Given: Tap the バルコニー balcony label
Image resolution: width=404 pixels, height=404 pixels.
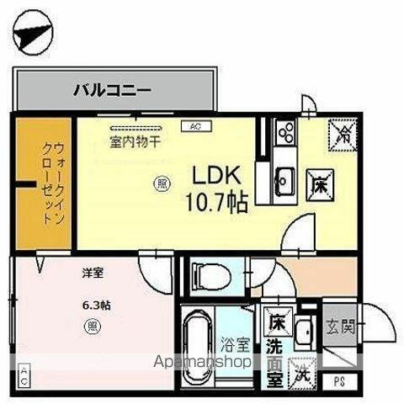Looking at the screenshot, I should coord(112,88).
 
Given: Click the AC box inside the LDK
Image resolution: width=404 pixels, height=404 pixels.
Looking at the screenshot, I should coord(195,126).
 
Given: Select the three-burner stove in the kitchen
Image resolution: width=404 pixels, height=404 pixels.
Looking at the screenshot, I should coord(285,133).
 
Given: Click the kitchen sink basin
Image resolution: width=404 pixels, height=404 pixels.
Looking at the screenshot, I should coord(284,178).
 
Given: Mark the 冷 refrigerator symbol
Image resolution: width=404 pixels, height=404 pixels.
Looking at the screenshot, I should coord(342,131).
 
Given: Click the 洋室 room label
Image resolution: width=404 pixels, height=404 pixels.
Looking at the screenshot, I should coord(93,274).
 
